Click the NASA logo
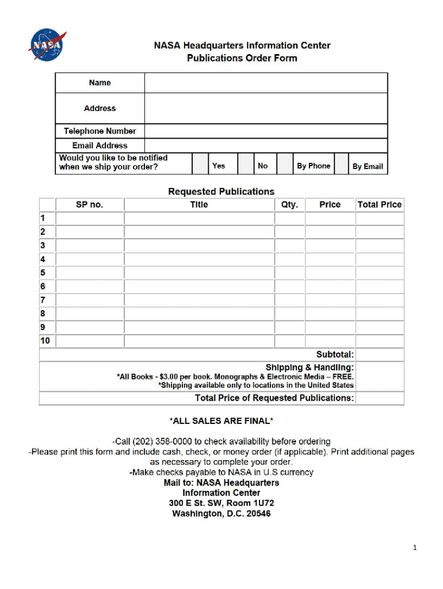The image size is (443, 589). click(48, 45)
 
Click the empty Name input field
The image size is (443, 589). click(266, 83)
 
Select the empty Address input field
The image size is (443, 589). click(266, 108)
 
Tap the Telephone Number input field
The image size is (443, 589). click(266, 131)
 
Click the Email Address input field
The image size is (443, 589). click(266, 146)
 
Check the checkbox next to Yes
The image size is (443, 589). click(200, 164)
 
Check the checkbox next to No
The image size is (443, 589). click(246, 164)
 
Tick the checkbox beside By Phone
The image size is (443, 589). click(285, 164)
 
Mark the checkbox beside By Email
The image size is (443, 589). click(342, 164)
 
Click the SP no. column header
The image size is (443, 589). click(90, 205)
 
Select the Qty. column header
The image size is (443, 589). click(289, 205)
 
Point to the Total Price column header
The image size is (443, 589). click(380, 205)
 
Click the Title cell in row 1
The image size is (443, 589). click(199, 219)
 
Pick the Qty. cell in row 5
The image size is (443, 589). click(289, 273)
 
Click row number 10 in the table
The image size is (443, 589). click(45, 341)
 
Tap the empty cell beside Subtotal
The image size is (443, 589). click(380, 355)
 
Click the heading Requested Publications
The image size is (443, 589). click(221, 192)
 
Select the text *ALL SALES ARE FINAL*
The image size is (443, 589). click(221, 421)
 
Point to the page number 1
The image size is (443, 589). click(414, 548)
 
